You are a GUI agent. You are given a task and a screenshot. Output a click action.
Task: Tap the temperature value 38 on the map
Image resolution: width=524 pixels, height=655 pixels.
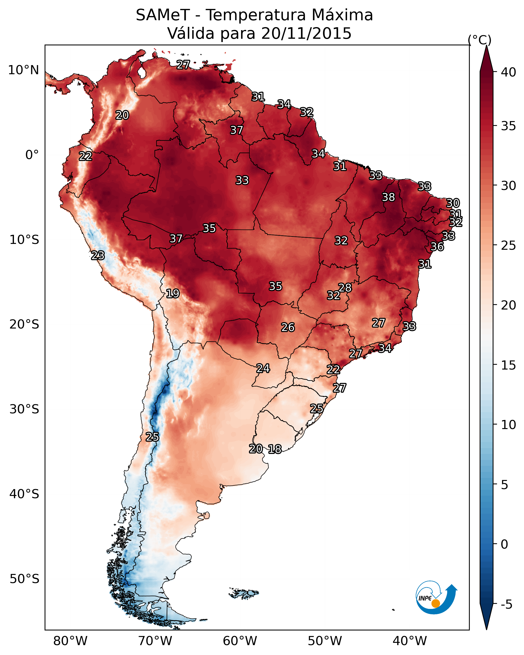388,197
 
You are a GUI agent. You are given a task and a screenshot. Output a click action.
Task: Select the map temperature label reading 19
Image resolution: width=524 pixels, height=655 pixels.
173,294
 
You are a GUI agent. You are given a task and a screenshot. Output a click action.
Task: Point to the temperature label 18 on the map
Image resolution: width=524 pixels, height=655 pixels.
275,449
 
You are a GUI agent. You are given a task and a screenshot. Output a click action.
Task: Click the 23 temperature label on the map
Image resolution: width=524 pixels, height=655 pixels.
98,256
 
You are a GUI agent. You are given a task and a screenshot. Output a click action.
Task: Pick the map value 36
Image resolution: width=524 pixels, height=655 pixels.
437,247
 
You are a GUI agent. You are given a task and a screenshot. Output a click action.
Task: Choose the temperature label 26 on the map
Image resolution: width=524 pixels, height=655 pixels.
288,327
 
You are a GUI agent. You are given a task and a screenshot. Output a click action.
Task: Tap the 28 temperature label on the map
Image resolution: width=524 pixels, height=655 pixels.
345,287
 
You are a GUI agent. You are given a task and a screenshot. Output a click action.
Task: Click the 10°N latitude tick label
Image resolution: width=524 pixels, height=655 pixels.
23,70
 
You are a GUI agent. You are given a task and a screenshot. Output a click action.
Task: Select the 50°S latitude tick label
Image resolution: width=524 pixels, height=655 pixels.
24,579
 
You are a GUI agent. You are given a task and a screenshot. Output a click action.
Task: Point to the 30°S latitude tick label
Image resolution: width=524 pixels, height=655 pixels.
24,409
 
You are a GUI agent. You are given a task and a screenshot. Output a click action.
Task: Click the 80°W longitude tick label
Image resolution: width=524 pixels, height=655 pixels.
70,641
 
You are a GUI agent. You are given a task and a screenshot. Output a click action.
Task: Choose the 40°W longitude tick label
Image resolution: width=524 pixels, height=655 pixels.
410,641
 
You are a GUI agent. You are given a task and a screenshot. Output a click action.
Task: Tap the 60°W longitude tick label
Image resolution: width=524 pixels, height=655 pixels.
240,641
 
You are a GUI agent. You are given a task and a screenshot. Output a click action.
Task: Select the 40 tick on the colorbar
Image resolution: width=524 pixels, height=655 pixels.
509,72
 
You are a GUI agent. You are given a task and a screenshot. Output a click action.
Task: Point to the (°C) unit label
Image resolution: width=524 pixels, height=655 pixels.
480,40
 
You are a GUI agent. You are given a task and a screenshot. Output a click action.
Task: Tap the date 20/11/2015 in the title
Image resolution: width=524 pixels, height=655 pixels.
306,33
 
